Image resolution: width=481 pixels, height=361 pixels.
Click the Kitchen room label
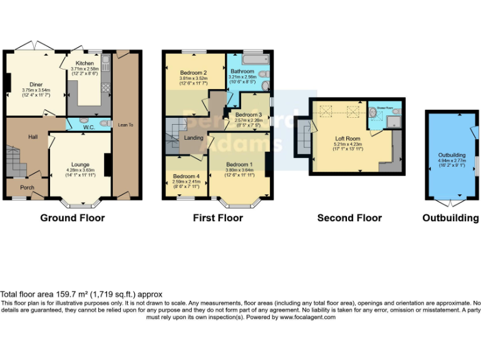pyautogui.click(x=85, y=63)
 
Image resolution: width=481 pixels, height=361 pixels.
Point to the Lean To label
pyautogui.click(x=126, y=125)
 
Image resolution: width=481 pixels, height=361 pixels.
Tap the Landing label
pyautogui.click(x=192, y=139)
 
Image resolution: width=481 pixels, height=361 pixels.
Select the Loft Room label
pyautogui.click(x=348, y=139)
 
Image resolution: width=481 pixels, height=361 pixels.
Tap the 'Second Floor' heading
pyautogui.click(x=349, y=218)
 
